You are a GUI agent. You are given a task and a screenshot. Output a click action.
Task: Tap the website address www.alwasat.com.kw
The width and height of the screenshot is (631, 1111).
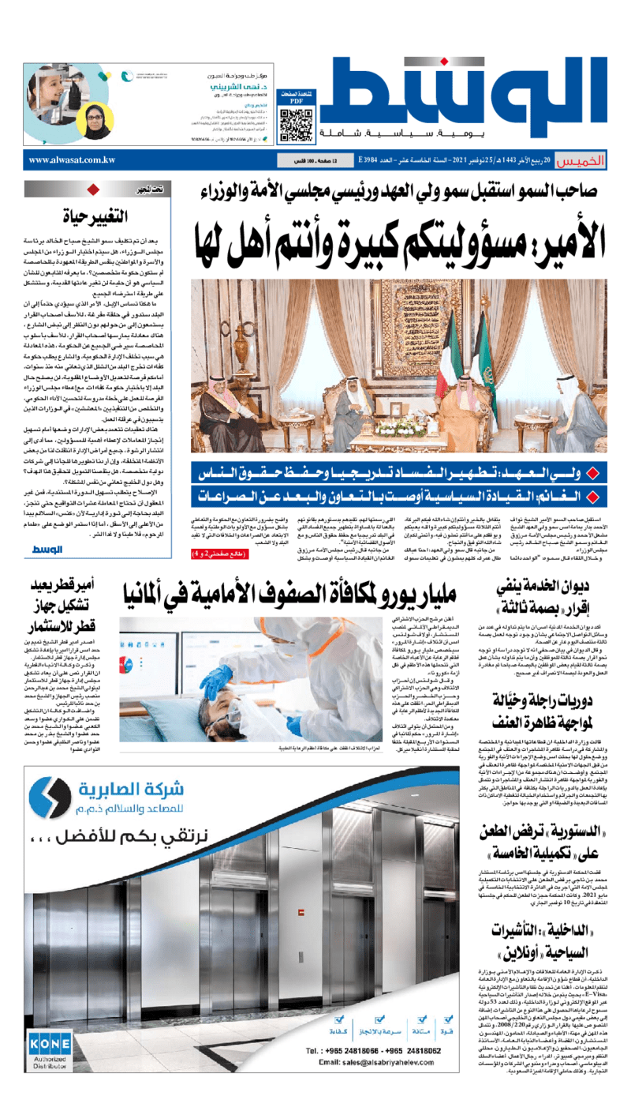click(x=73, y=160)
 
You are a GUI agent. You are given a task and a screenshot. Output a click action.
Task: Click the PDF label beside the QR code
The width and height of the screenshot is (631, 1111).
click(x=297, y=101)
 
